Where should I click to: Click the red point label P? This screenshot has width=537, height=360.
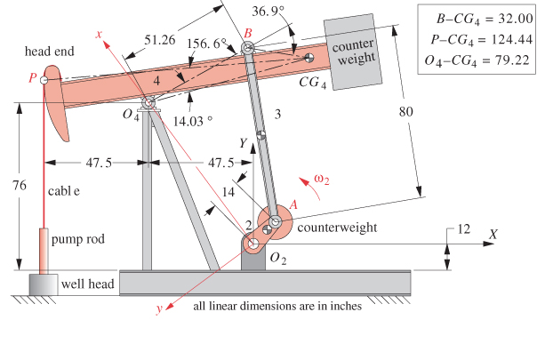[x=32, y=79]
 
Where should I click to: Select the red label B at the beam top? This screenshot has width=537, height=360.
[x=248, y=33]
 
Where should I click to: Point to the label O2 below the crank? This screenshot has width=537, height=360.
[x=277, y=259]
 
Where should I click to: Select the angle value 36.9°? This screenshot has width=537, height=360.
[x=269, y=12]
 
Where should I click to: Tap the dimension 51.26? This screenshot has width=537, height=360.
[x=158, y=39]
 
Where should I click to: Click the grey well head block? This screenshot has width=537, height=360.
[x=40, y=284]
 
